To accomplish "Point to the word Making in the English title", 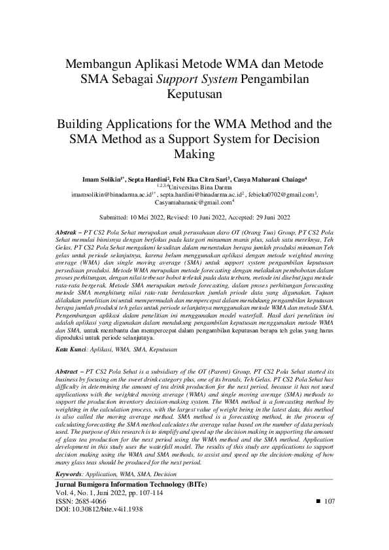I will coord(194,155).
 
